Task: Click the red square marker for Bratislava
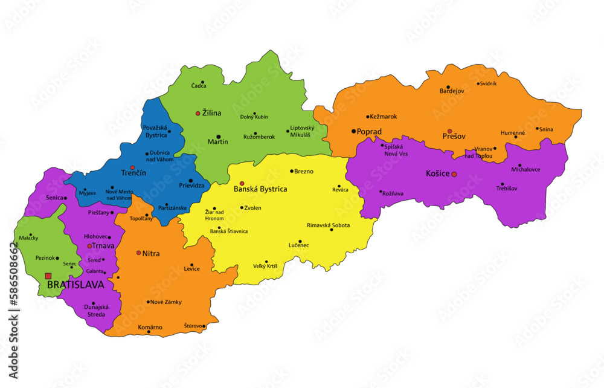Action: [x=48, y=276]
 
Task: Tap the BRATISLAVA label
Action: [x=75, y=284]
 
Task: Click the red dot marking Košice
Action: [x=454, y=174]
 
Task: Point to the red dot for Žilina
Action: [x=198, y=113]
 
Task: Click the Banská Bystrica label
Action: [x=260, y=189]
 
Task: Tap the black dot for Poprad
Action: [x=354, y=131]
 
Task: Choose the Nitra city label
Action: [x=151, y=254]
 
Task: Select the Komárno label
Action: [x=150, y=328]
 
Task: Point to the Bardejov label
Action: [x=452, y=91]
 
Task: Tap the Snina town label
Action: [x=546, y=129]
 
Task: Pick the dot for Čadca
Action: [x=202, y=82]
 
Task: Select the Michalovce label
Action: [x=525, y=169]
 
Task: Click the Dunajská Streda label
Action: [x=94, y=311]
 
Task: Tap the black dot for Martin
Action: [x=218, y=137]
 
